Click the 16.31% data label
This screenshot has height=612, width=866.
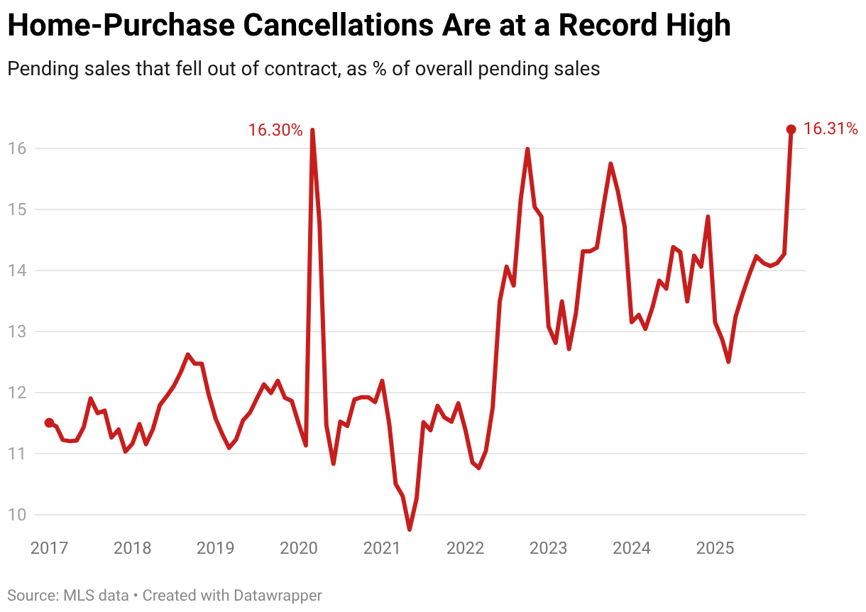831,129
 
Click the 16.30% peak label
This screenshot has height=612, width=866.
275,131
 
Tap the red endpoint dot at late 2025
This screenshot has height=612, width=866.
791,129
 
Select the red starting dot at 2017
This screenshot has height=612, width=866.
49,422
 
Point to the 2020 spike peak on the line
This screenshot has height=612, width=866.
312,131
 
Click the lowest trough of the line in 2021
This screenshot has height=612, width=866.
410,529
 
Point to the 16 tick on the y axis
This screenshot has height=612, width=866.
18,148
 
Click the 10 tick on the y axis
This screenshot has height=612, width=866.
18,515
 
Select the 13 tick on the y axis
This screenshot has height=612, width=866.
18,332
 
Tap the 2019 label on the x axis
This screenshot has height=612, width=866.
215,549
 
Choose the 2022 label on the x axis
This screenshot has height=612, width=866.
465,549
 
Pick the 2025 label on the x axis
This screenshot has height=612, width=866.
715,549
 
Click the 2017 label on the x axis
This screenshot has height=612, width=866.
49,549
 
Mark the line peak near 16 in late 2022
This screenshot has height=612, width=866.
527,149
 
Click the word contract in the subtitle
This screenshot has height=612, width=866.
297,69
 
